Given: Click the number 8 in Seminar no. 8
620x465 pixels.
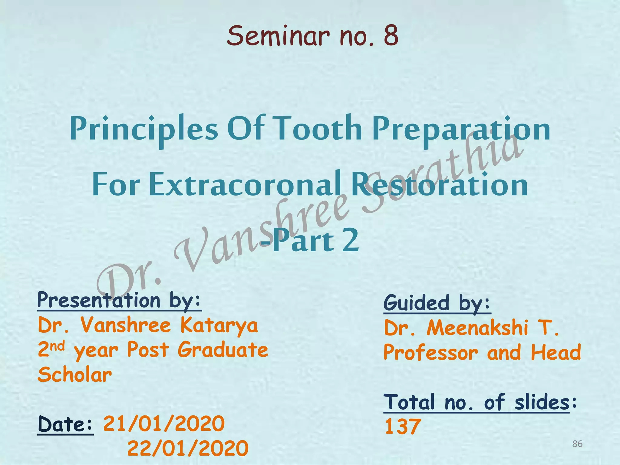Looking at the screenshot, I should [x=391, y=36].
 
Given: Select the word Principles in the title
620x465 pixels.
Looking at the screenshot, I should [x=143, y=130].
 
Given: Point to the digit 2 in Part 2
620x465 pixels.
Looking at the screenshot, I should [x=351, y=240].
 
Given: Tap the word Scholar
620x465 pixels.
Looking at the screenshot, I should [x=75, y=375].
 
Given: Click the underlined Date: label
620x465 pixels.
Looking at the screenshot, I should [x=65, y=424].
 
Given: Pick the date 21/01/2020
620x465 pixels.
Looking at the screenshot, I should [x=164, y=424].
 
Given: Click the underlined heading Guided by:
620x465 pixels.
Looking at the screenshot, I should [x=437, y=303].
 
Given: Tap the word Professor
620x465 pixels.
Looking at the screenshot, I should [x=430, y=353].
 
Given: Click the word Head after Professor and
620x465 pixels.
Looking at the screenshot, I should [x=556, y=352].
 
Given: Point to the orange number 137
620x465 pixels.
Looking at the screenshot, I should [x=403, y=427].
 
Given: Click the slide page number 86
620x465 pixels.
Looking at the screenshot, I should [x=577, y=444].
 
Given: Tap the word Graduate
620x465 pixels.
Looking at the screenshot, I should [x=223, y=350].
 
